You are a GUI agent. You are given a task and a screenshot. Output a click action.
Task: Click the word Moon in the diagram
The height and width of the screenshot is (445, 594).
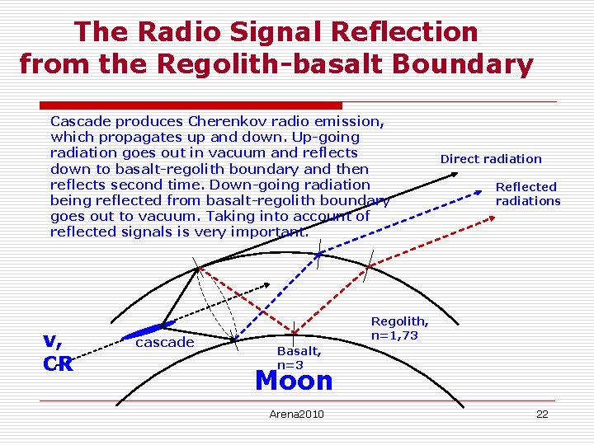tap(294, 381)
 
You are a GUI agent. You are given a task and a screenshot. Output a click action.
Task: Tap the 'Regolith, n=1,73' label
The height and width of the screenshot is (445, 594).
tap(399, 328)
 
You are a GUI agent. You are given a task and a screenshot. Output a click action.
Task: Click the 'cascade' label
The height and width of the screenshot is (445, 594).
tap(164, 342)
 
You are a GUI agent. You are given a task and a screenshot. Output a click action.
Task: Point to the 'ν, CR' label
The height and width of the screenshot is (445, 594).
tap(58, 351)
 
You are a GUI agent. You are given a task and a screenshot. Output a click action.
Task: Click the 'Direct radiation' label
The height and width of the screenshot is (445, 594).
tap(491, 159)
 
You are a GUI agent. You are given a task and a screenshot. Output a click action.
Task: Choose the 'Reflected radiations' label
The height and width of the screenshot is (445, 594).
tap(527, 194)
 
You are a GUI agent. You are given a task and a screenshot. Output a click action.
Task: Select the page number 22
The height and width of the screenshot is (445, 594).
tap(542, 414)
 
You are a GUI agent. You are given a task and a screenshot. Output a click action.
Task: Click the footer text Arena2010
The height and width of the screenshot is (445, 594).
tap(297, 414)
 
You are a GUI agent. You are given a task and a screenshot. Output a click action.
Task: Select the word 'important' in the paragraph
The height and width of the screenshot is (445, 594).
tap(274, 232)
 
